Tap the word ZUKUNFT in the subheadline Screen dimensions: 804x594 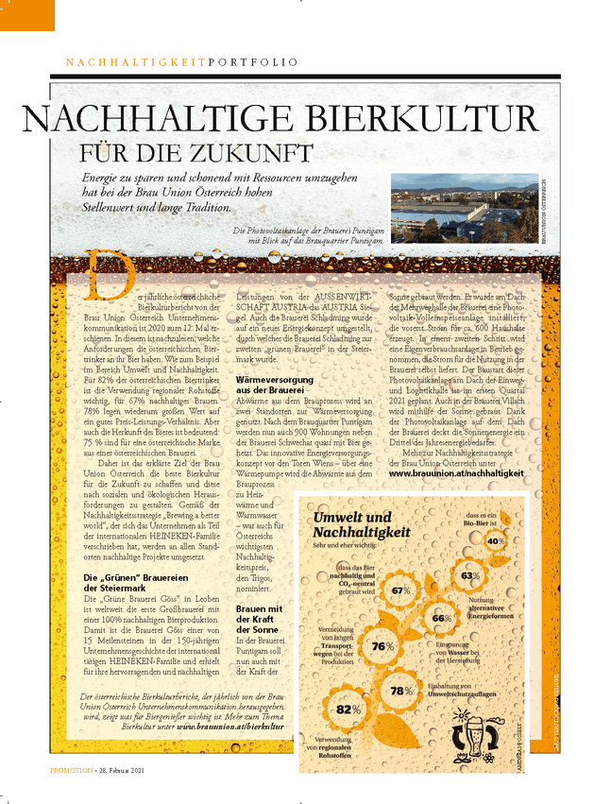pos(260,153)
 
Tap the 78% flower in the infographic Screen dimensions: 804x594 pos(400,690)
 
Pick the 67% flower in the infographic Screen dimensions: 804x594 pos(399,590)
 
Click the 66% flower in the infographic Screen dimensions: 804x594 pos(441,618)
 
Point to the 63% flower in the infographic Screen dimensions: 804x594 pos(469,575)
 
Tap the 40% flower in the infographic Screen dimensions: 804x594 pos(495,540)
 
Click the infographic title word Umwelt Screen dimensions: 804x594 pos(339,518)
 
